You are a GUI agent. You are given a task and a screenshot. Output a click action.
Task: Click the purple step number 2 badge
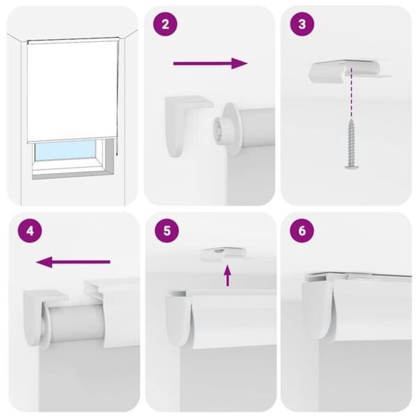pos(165,25)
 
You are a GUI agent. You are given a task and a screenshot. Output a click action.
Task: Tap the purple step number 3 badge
pos(302,25)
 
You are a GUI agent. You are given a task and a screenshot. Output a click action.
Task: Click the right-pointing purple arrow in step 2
pos(210,63)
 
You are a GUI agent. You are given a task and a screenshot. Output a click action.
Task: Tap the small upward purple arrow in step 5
pos(227,275)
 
